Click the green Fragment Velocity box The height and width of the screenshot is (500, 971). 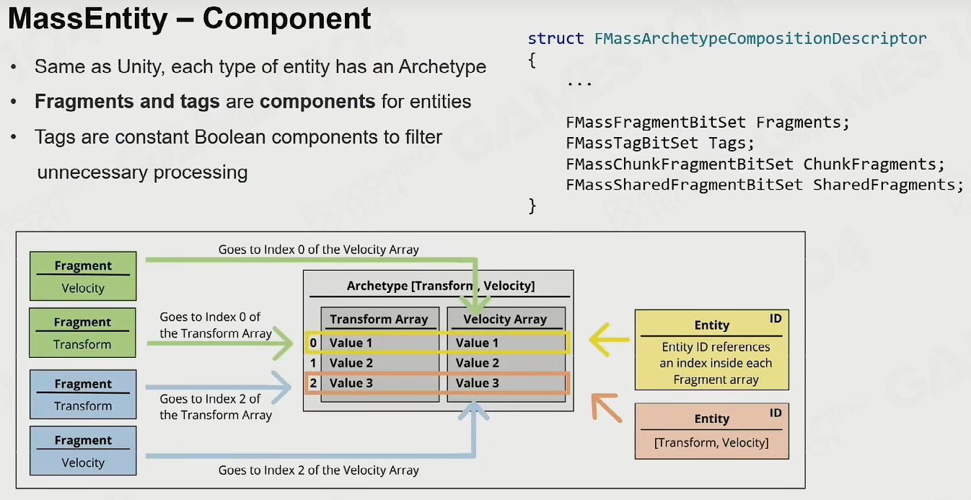83,276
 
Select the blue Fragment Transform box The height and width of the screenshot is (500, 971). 83,394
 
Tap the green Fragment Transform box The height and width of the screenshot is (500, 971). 82,333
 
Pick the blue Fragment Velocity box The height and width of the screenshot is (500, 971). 83,450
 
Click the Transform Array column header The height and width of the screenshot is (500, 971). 379,319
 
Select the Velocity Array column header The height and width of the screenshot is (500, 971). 505,319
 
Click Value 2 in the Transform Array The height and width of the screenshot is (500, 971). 351,363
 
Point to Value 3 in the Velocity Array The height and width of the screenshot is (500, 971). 478,383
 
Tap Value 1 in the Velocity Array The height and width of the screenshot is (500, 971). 478,343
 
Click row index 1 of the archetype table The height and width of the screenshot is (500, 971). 313,363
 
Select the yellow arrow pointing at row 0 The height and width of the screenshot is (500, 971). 609,340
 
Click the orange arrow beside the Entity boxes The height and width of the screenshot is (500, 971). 607,408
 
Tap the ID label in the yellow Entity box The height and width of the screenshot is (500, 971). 776,319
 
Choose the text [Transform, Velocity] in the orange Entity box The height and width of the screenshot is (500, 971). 711,443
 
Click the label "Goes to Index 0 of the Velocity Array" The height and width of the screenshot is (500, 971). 319,250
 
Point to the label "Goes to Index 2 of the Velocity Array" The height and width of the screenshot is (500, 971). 319,470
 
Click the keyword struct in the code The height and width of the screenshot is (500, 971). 555,38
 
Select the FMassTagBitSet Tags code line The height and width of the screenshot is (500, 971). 660,143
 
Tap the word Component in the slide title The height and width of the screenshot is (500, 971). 286,19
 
